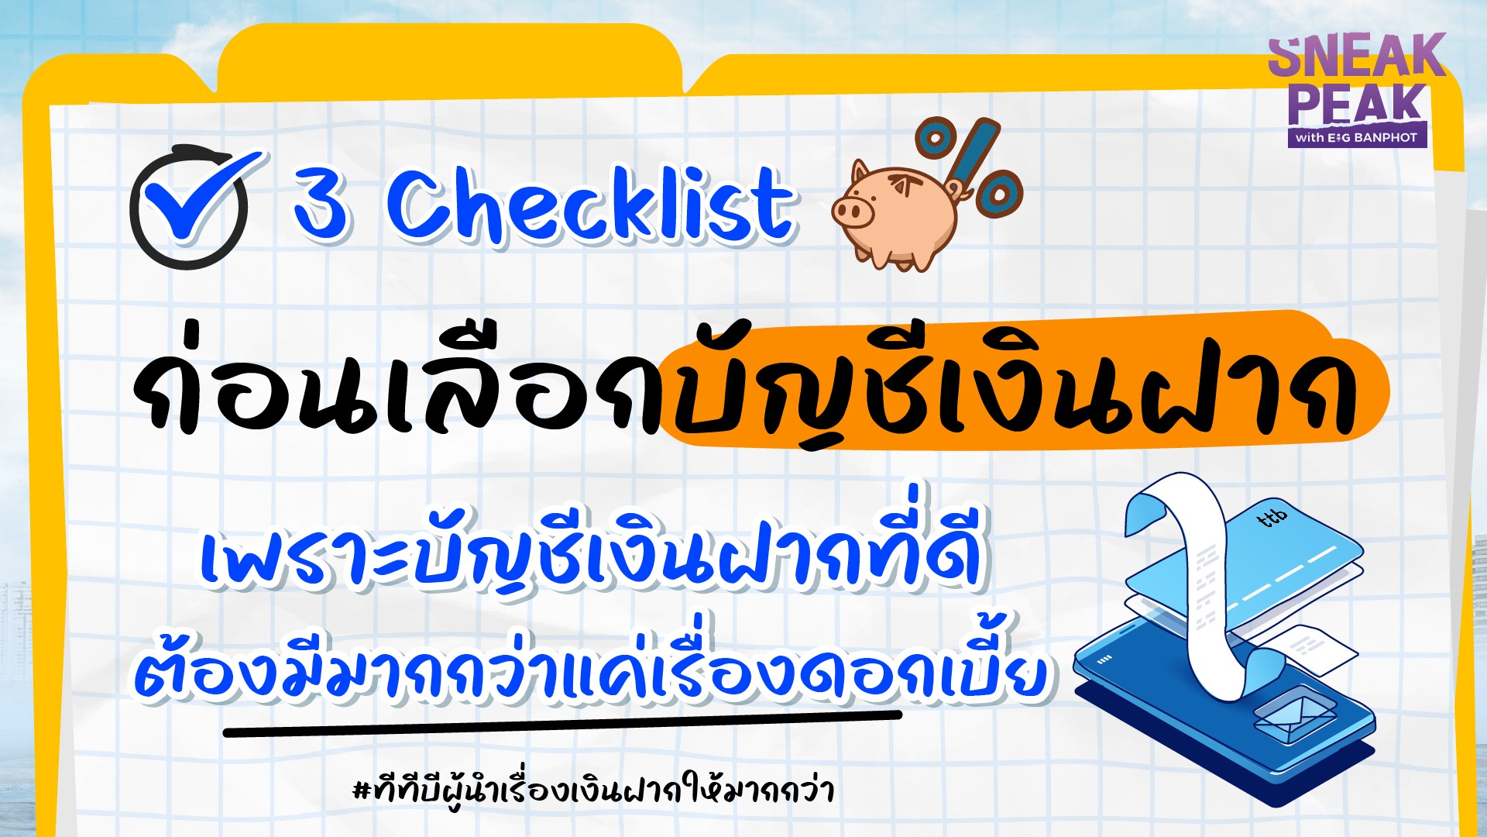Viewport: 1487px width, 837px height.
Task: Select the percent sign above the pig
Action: tap(968, 167)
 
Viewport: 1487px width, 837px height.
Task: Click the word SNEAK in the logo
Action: tap(1357, 56)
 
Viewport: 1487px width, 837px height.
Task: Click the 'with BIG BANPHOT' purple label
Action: tap(1357, 138)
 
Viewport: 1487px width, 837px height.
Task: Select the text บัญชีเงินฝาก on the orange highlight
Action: tap(1015, 387)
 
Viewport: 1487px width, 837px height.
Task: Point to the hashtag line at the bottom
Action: tap(593, 788)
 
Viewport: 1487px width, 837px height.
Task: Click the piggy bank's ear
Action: tap(860, 173)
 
